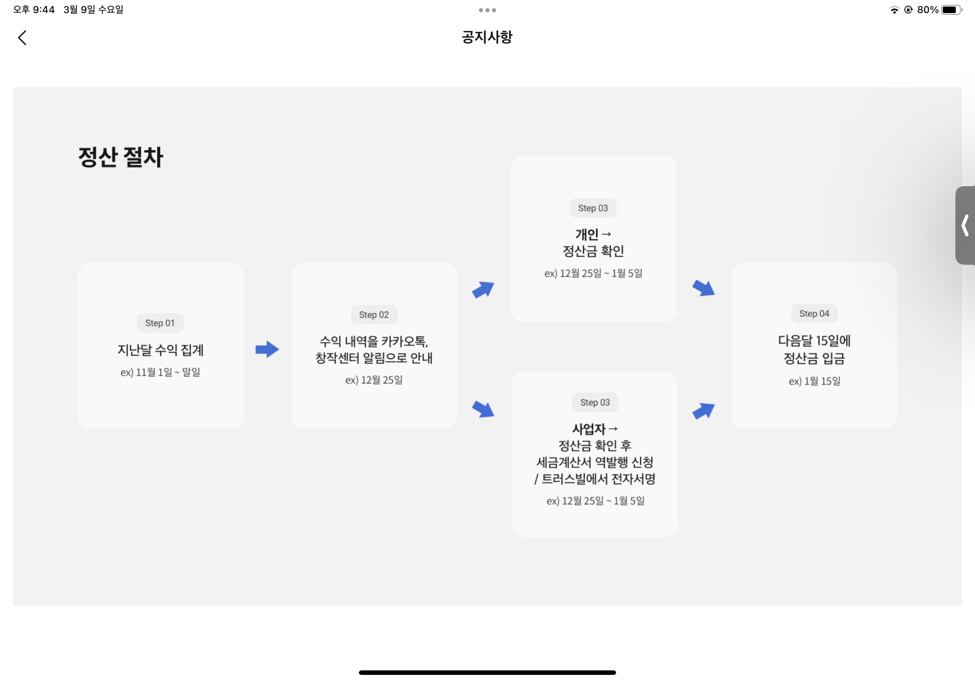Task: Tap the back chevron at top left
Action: coord(22,38)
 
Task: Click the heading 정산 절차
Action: coord(120,157)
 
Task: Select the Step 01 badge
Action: coord(160,323)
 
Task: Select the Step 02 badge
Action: coord(374,315)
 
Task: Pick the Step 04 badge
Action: coord(814,314)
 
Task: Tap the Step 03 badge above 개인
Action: coord(593,208)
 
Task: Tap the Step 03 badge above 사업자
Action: coord(595,403)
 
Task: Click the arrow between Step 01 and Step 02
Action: coord(267,349)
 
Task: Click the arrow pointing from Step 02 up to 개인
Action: coord(483,289)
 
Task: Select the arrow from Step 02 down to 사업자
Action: coord(483,409)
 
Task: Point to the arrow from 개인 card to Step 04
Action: coord(703,288)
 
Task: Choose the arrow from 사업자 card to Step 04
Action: coord(703,411)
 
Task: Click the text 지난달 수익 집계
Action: coord(160,350)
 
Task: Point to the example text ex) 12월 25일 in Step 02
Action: coord(374,380)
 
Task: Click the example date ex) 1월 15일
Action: coord(815,381)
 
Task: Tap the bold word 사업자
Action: coord(589,429)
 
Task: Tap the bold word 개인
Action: coord(587,234)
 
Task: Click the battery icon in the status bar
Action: coord(951,10)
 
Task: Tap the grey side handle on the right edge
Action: coord(965,225)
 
